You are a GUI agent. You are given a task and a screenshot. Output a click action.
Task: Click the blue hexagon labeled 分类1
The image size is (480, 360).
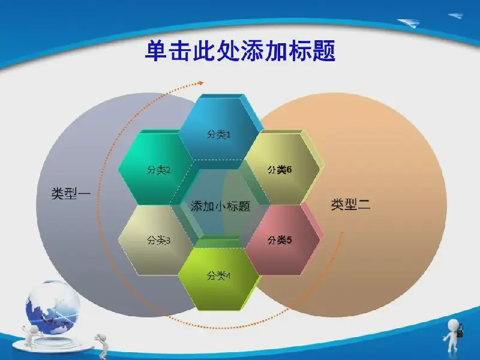[219, 131]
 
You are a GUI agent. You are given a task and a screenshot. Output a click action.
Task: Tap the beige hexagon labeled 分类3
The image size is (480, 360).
[158, 240]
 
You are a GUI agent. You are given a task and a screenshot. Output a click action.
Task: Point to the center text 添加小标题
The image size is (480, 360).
[220, 206]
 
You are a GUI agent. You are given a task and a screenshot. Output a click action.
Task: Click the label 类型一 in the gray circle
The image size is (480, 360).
[71, 193]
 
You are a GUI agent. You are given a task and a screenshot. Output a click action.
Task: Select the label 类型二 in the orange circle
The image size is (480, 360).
[351, 204]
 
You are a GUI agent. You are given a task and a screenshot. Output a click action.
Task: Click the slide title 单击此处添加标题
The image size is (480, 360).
[241, 50]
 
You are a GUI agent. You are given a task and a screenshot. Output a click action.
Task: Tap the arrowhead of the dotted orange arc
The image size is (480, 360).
[201, 83]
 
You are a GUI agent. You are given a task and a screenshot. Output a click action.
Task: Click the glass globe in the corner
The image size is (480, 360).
[53, 307]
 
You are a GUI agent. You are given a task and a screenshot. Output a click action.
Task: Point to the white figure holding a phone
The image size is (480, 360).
[453, 334]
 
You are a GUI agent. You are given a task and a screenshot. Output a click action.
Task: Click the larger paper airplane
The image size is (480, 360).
[409, 23]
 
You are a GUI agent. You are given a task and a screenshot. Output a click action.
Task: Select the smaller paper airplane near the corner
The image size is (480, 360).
[455, 16]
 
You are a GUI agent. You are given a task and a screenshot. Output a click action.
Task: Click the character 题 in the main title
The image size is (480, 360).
[324, 50]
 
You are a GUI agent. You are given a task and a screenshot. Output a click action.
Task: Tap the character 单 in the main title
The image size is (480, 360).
[156, 50]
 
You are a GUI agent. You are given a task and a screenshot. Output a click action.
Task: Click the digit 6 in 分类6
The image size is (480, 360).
[289, 169]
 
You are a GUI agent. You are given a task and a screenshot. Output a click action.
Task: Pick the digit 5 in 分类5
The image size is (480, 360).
[289, 240]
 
